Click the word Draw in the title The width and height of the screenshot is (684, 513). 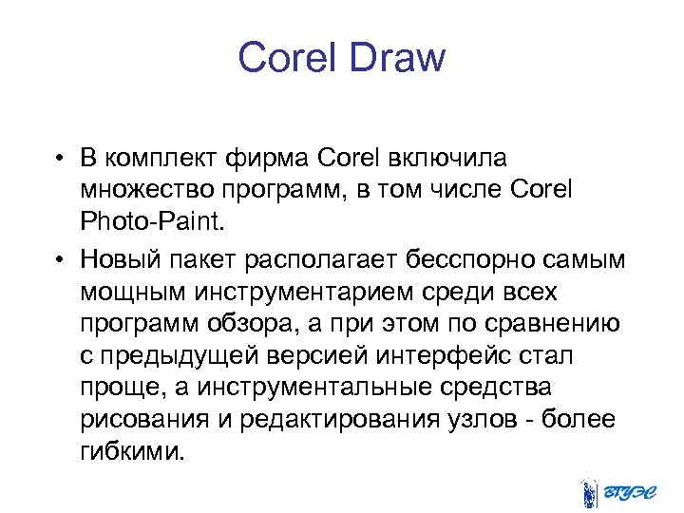397,59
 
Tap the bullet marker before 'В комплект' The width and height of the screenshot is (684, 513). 59,157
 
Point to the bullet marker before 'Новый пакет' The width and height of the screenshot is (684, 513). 59,259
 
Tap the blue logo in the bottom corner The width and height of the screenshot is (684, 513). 617,491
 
